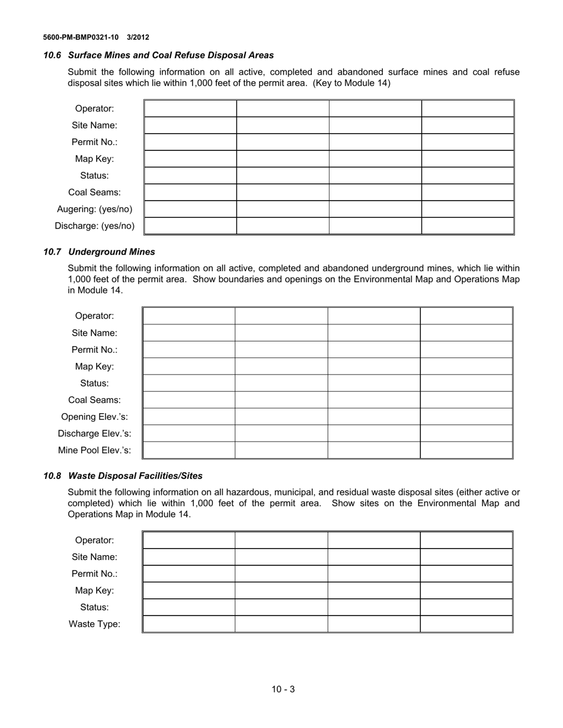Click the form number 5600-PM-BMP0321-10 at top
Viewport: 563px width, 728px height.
coord(81,37)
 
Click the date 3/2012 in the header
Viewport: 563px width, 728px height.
coord(137,37)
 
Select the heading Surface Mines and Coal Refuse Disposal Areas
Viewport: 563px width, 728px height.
coord(171,55)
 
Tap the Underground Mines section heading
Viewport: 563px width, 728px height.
coord(111,252)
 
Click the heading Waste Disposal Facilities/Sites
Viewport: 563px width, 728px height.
coord(135,476)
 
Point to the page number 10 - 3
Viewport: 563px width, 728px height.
coord(283,689)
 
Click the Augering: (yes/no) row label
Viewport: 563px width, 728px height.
coord(94,209)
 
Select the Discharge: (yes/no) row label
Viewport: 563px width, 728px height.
coord(94,226)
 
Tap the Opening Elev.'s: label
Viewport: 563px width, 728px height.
coord(94,417)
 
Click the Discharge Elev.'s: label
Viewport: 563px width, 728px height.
coord(94,433)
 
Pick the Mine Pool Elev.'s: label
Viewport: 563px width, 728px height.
coord(94,450)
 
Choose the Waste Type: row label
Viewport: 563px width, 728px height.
coord(94,624)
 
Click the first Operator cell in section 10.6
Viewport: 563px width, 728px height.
coord(190,109)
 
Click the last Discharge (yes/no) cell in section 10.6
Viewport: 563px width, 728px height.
coord(467,226)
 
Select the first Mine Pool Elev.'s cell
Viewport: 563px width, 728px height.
coord(189,450)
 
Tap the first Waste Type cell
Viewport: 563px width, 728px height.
coord(189,624)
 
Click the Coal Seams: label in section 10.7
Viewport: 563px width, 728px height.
coord(94,400)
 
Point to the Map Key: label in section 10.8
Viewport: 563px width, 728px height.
coord(94,590)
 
